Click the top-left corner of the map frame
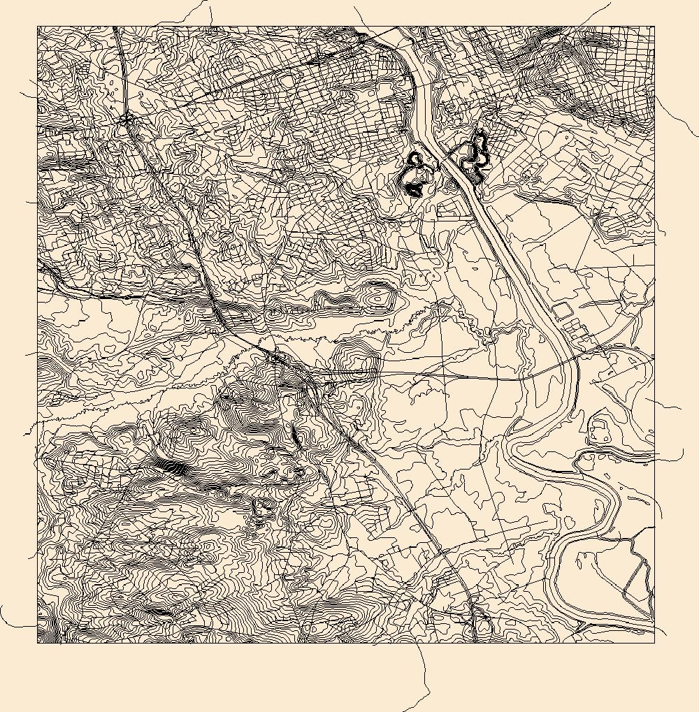(38, 27)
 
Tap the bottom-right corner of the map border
(654, 643)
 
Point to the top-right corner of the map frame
(654, 27)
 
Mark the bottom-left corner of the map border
(38, 643)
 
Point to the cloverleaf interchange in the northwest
(126, 122)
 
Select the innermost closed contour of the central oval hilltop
(378, 299)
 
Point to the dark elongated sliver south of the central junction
(295, 436)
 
